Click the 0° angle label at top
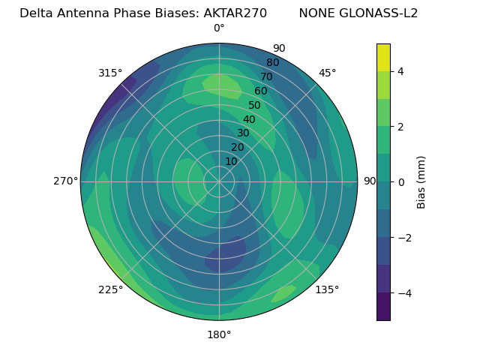click(219, 28)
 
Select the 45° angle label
click(328, 73)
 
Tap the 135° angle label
click(327, 289)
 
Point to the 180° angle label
click(219, 334)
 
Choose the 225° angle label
click(110, 289)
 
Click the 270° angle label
click(65, 181)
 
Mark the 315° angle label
click(110, 73)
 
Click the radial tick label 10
click(231, 161)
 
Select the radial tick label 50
click(255, 105)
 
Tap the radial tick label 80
click(273, 62)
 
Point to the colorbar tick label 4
click(401, 71)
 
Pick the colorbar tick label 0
click(401, 181)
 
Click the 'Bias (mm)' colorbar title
click(421, 181)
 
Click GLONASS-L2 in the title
click(379, 13)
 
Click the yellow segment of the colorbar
click(383, 57)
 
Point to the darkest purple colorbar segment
click(383, 306)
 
